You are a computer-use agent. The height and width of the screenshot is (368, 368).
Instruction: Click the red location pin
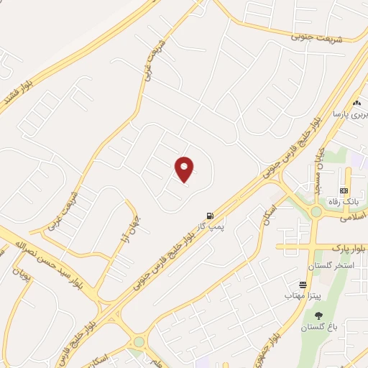[185, 170]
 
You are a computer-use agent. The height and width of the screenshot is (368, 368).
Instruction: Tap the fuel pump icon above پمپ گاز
[209, 215]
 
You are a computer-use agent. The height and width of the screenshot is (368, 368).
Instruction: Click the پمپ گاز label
[212, 227]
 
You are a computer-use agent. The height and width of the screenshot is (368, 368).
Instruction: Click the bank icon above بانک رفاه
[344, 190]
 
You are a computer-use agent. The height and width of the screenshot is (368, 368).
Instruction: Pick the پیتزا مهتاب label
[296, 295]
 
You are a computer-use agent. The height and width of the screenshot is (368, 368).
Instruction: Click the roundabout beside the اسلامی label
[316, 211]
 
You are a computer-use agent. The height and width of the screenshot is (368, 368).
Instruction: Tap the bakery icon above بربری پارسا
[355, 103]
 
